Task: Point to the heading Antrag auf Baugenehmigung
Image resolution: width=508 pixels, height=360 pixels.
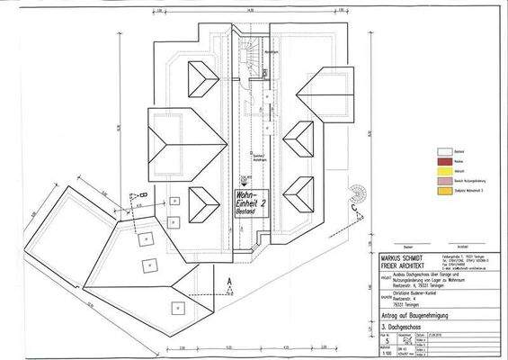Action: pos(397,316)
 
